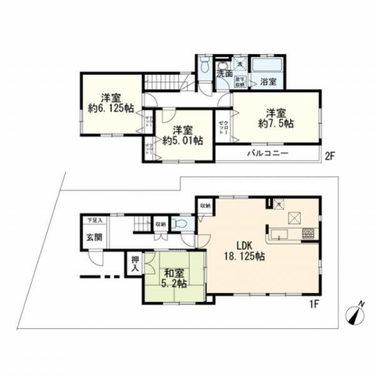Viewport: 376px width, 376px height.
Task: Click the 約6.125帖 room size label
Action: click(112, 109)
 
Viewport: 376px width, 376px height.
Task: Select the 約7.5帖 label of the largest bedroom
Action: click(276, 124)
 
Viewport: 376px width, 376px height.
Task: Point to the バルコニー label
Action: click(267, 153)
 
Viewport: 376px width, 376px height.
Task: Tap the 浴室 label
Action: click(268, 81)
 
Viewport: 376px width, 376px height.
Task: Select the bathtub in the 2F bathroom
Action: click(267, 65)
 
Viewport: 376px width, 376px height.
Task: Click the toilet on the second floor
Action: click(205, 65)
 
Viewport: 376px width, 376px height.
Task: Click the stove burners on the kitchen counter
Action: click(308, 234)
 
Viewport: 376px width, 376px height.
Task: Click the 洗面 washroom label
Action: click(225, 74)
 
